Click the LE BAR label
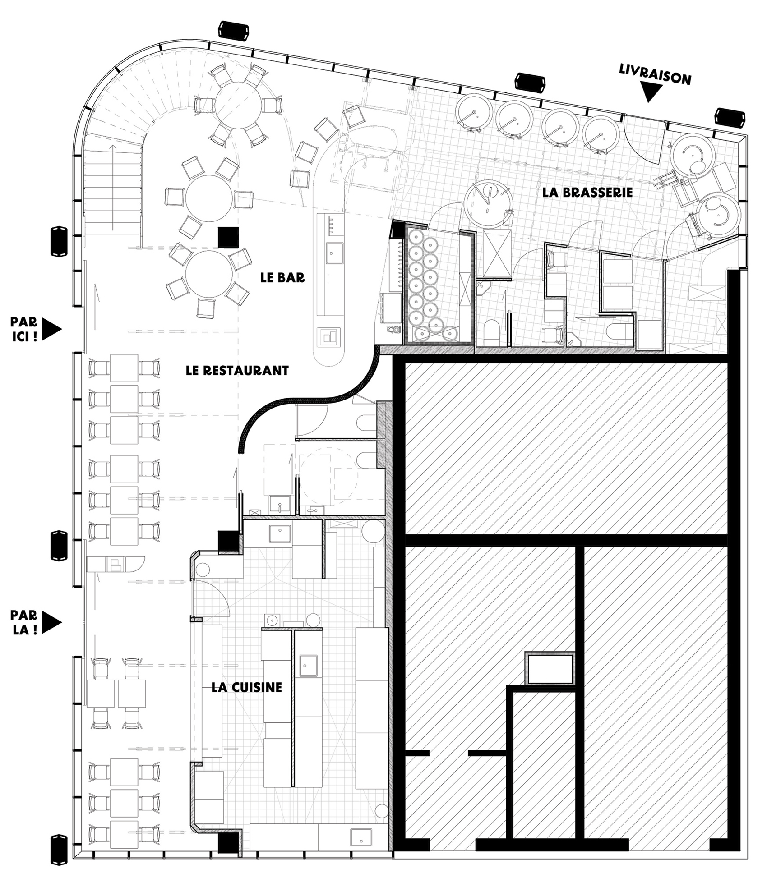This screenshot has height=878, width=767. tap(282, 277)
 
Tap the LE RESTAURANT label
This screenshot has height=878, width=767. tap(237, 370)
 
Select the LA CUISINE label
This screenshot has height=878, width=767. tap(247, 687)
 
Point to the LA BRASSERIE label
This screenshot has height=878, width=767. tap(587, 193)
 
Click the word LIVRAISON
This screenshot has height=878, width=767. tap(655, 75)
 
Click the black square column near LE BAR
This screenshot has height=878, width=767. tap(228, 237)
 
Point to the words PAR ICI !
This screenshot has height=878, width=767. tap(24, 329)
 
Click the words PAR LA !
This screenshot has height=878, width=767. tap(24, 623)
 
